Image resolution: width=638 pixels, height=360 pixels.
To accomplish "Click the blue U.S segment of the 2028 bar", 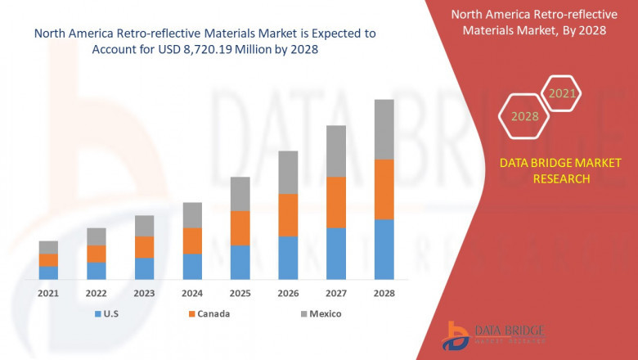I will click(384, 249).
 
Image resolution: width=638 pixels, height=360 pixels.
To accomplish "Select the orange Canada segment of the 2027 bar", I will click(335, 202).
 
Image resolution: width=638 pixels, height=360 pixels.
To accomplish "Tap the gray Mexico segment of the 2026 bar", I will click(287, 172).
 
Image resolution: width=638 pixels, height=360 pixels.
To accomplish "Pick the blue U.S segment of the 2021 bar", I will click(48, 272).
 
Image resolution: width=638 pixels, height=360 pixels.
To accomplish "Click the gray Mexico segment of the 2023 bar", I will click(144, 226).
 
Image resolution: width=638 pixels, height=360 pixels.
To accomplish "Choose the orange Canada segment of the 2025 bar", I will click(240, 227).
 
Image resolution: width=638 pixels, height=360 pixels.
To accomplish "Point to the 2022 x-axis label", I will click(96, 293).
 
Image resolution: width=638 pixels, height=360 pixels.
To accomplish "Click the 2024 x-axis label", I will click(191, 293).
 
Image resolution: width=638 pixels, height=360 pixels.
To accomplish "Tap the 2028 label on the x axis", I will click(384, 293).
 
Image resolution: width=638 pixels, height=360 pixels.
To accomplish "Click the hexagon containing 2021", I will click(561, 93).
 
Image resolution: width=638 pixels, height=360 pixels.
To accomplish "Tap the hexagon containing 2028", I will click(524, 116).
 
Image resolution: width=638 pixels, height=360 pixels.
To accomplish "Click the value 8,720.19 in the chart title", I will click(218, 49).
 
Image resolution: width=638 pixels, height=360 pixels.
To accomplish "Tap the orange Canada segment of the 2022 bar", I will click(96, 254).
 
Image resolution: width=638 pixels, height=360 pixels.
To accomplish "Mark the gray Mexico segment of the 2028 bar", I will click(384, 129).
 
